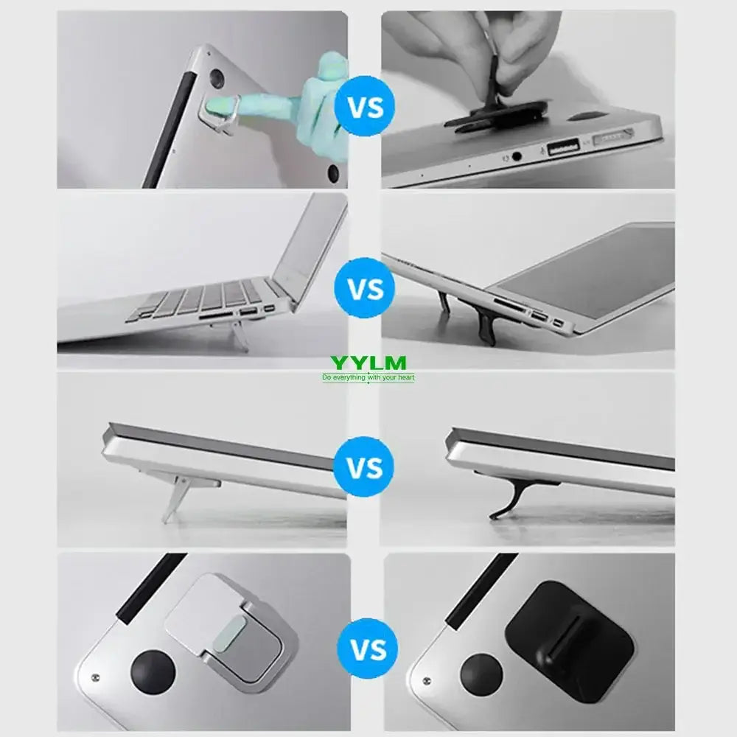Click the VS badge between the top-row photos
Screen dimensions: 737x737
(365, 108)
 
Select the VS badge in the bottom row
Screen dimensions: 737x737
(366, 649)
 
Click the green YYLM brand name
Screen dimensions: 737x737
(368, 363)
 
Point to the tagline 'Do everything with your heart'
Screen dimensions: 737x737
(368, 377)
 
